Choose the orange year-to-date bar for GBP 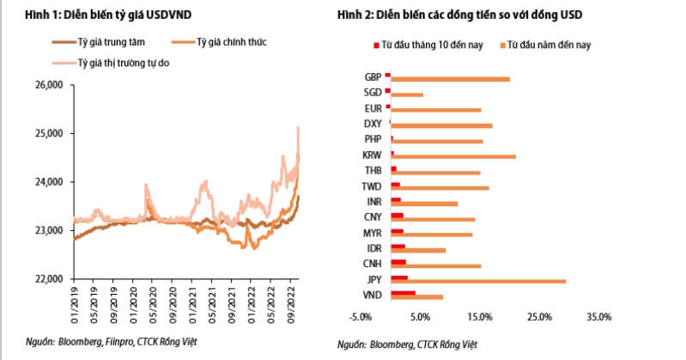pos(451,79)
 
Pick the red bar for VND pos(403,293)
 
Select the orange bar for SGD pos(407,95)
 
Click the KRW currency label pos(373,156)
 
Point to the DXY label pos(373,125)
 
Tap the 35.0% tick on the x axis pos(598,318)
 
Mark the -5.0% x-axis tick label pos(361,318)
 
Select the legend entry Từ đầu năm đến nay pos(548,43)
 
